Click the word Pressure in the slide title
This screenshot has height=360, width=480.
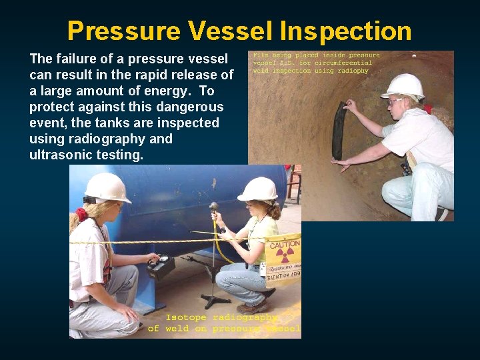pyautogui.click(x=123, y=31)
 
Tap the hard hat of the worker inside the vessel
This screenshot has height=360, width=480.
pyautogui.click(x=404, y=85)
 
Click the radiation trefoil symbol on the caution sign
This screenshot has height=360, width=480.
pyautogui.click(x=285, y=257)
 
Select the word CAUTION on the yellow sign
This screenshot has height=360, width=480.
pyautogui.click(x=285, y=245)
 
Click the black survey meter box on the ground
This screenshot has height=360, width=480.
pyautogui.click(x=160, y=266)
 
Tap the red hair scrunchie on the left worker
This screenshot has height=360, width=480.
pyautogui.click(x=82, y=214)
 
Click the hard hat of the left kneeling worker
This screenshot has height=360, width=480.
pyautogui.click(x=106, y=187)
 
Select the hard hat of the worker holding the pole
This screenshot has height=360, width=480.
pyautogui.click(x=258, y=189)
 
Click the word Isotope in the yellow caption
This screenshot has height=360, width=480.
pyautogui.click(x=186, y=317)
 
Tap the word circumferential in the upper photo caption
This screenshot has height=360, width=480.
pyautogui.click(x=347, y=63)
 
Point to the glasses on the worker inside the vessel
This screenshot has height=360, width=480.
pyautogui.click(x=395, y=101)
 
